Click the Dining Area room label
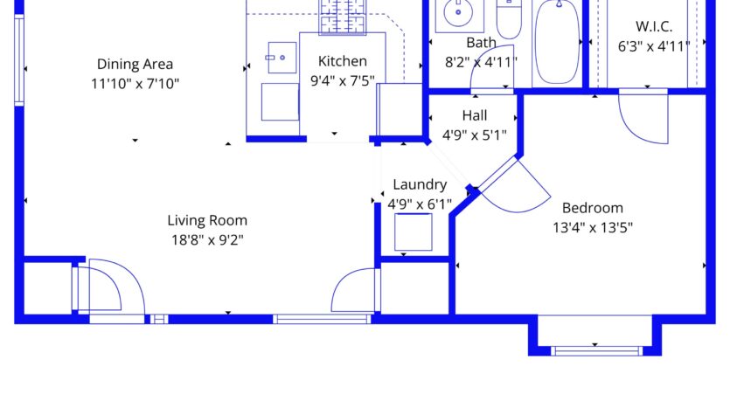point(135,64)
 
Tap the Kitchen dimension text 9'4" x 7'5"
point(342,80)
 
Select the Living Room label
point(207,220)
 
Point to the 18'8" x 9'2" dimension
point(207,240)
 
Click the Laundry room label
point(420,184)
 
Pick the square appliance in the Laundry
point(413,232)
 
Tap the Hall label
point(475,115)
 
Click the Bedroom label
point(592,208)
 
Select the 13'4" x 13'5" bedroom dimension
point(592,227)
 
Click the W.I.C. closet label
point(654,26)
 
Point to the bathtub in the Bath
point(557,42)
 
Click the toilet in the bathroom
point(509,18)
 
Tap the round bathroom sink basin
point(458,12)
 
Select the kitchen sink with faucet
point(282,58)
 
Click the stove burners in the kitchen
point(343,17)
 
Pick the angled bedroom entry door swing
point(515,186)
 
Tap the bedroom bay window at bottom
point(596,351)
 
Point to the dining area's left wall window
point(19,59)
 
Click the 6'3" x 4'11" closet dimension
point(654,46)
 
